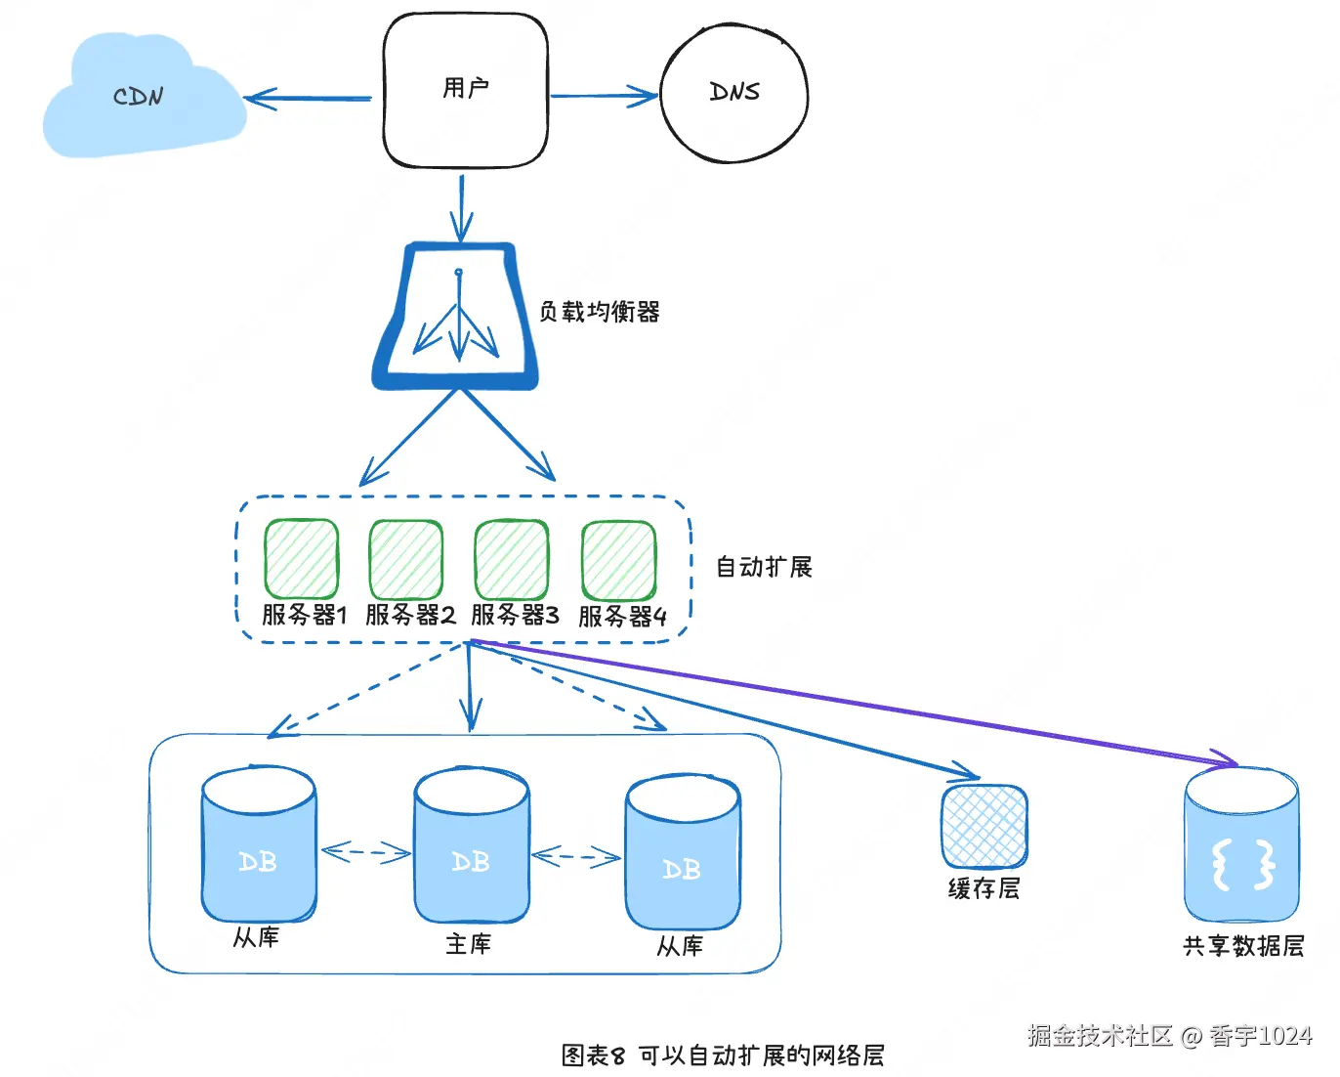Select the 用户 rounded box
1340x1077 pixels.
click(466, 91)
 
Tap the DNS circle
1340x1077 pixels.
click(734, 94)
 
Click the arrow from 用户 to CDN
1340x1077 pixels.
click(309, 99)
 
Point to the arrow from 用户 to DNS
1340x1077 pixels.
click(604, 96)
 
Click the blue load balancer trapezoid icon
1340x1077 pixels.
click(457, 318)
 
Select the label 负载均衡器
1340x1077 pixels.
click(600, 312)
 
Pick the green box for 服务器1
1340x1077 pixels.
click(302, 559)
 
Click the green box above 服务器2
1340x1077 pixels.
click(406, 559)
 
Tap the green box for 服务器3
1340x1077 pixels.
click(512, 559)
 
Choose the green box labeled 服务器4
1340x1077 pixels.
click(619, 560)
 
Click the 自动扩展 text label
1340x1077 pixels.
click(764, 567)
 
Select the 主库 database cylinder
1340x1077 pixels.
click(472, 847)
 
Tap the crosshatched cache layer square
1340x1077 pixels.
click(984, 827)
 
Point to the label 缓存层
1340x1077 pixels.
click(984, 888)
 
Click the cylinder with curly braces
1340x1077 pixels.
click(1242, 845)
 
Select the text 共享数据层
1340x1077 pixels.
click(1243, 946)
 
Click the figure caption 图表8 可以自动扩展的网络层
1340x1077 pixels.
click(723, 1055)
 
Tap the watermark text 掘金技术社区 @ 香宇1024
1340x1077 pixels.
click(1169, 1036)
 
